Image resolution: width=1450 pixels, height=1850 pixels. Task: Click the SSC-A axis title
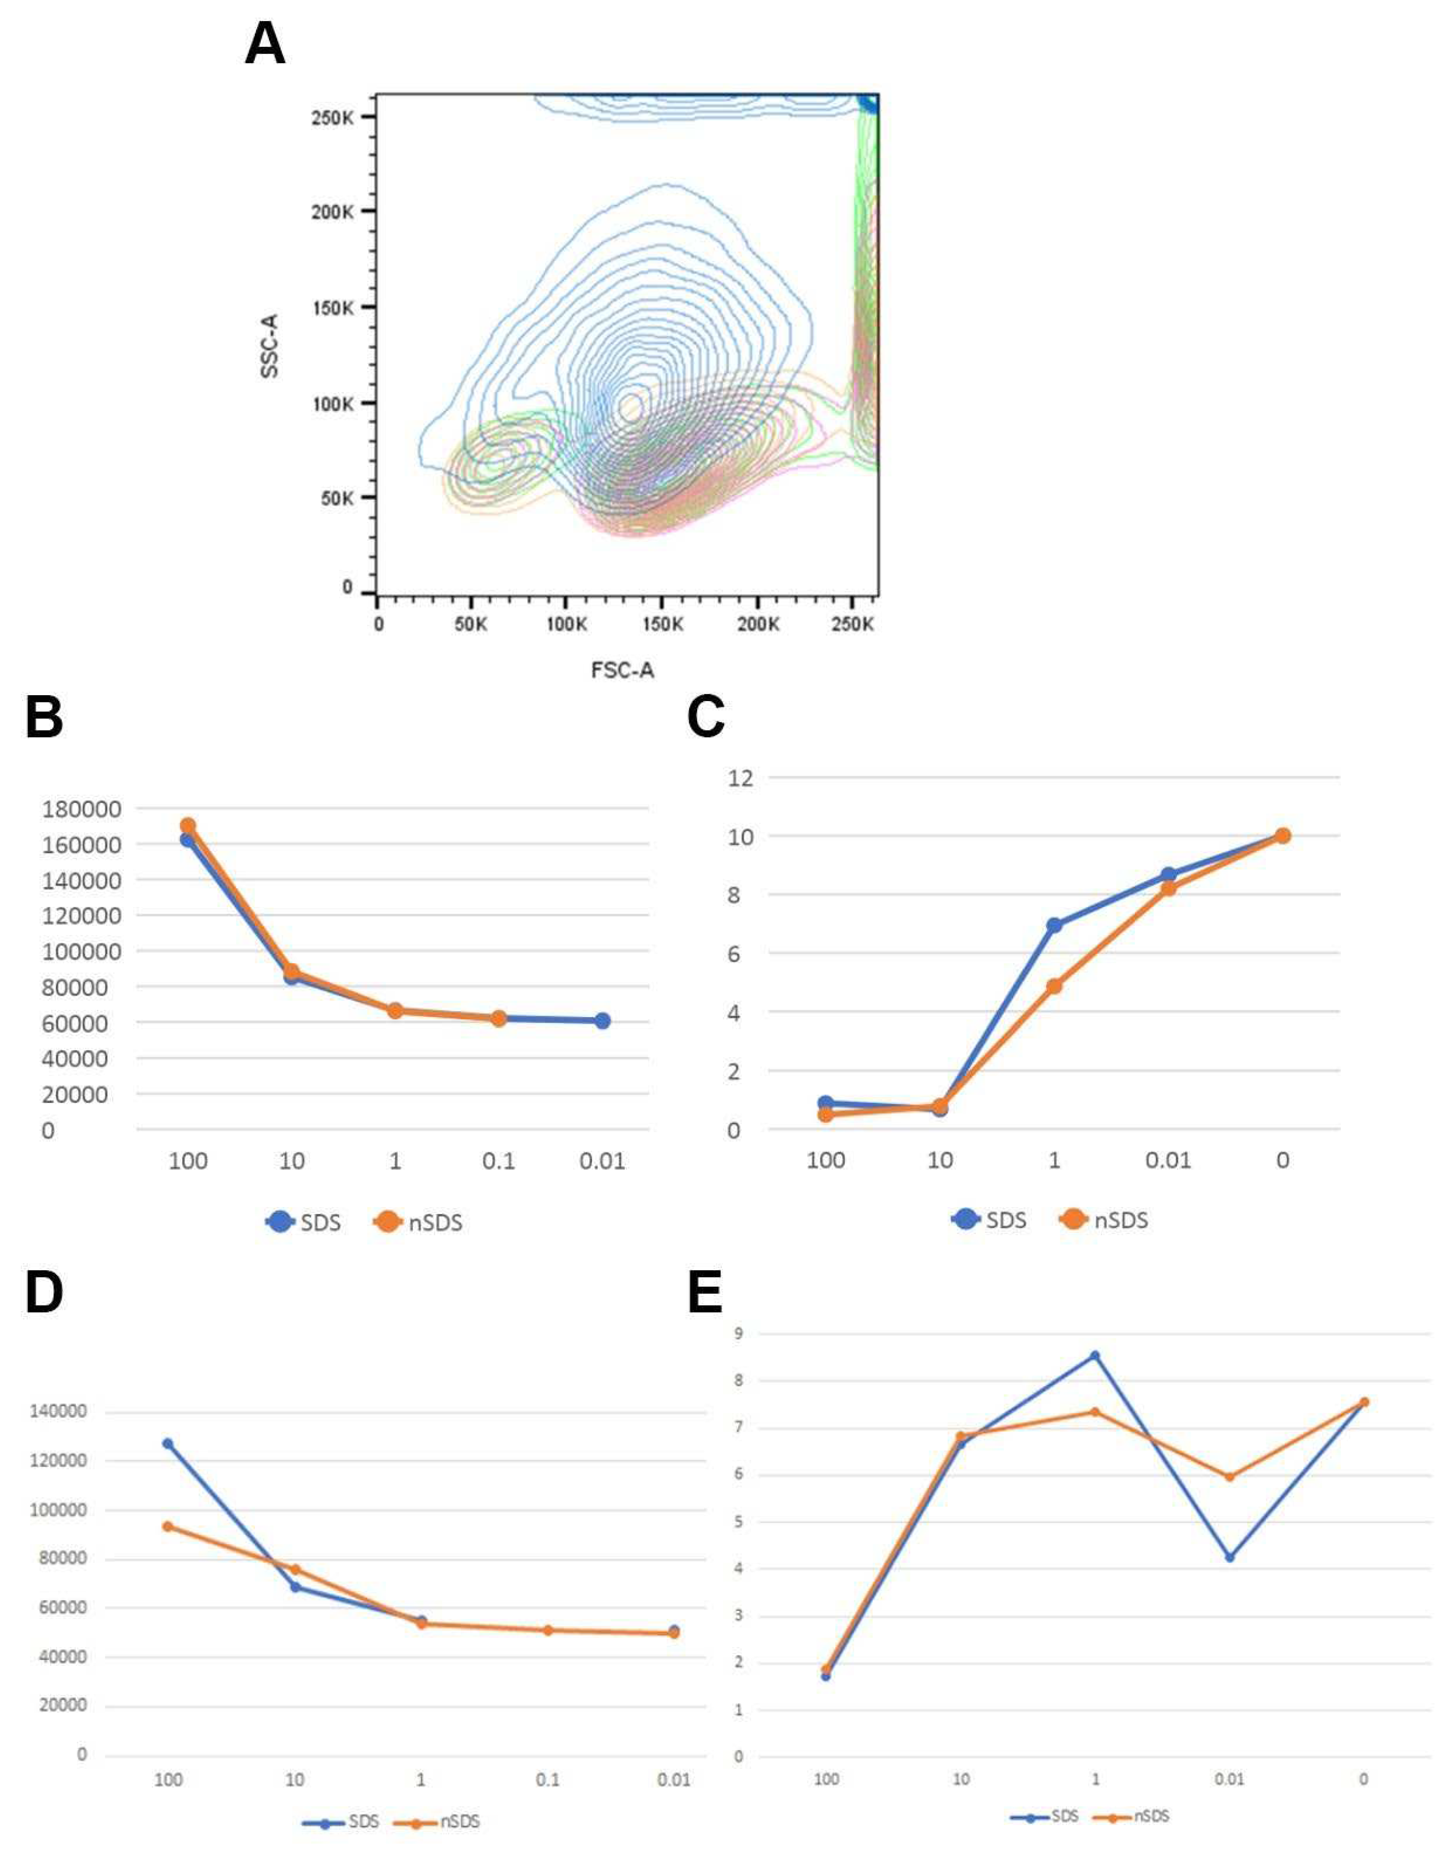click(x=270, y=346)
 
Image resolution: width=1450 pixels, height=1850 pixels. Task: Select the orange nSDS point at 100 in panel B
click(x=187, y=825)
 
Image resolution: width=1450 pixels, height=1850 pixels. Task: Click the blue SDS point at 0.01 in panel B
click(x=602, y=1020)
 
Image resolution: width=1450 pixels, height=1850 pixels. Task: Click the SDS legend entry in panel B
click(x=304, y=1223)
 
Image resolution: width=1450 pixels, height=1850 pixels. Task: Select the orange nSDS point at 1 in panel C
click(x=1054, y=987)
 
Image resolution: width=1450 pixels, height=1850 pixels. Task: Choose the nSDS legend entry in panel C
click(x=1105, y=1220)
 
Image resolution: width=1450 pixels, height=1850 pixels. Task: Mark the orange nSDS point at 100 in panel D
click(x=168, y=1526)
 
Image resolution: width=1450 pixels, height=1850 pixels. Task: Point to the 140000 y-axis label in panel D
click(x=58, y=1412)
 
